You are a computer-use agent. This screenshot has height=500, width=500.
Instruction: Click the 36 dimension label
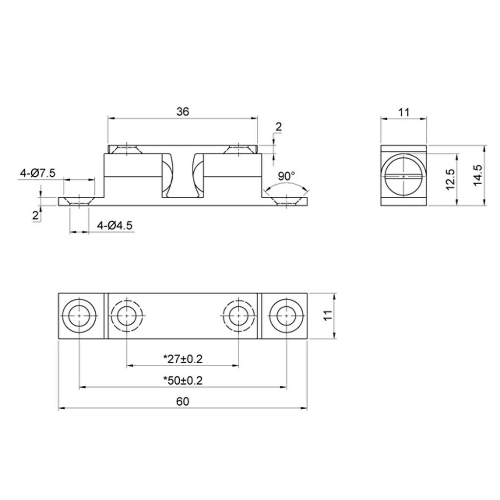(183, 112)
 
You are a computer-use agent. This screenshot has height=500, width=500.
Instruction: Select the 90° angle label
(286, 176)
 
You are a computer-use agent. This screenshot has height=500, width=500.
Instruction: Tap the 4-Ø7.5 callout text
(38, 173)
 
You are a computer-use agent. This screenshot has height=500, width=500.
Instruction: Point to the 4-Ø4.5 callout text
(115, 226)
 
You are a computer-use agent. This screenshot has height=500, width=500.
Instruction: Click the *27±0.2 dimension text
(183, 359)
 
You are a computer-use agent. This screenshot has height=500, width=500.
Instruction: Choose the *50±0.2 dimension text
(183, 380)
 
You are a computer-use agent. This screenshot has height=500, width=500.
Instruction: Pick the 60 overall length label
(183, 401)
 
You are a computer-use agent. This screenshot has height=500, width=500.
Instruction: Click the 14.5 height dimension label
(478, 175)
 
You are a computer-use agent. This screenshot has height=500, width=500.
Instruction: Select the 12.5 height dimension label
(450, 180)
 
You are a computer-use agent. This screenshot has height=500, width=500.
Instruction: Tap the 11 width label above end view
(403, 112)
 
